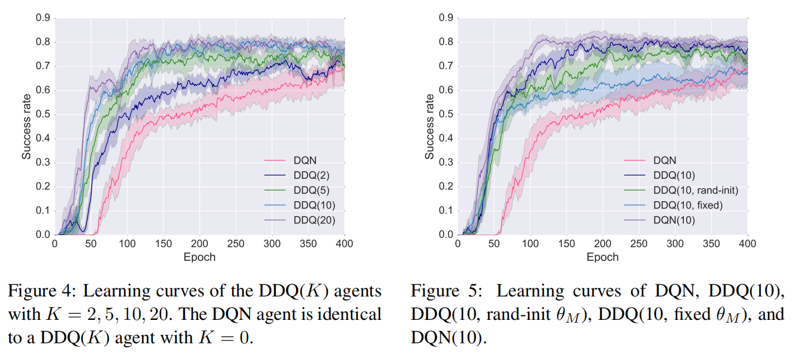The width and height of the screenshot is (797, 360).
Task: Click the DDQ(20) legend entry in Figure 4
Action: pos(314,220)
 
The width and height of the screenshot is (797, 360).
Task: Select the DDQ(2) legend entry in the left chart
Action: pos(311,175)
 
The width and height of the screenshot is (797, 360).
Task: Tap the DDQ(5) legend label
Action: pos(311,190)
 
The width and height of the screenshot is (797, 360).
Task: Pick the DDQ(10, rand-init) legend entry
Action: pos(696,191)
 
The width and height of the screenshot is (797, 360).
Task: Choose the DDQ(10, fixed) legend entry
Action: pos(688,206)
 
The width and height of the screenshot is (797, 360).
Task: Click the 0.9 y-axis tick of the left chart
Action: pos(43,18)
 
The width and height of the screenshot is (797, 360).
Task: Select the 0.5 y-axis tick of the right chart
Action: pos(446,115)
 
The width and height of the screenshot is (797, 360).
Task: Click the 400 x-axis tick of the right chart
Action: pos(747,245)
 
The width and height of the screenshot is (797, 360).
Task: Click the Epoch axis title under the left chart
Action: pos(200,257)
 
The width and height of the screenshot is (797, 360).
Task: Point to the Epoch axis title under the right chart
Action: pos(602,257)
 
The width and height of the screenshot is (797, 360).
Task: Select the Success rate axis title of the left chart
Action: pos(26,127)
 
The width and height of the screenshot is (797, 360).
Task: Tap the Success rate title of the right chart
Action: pos(429,127)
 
